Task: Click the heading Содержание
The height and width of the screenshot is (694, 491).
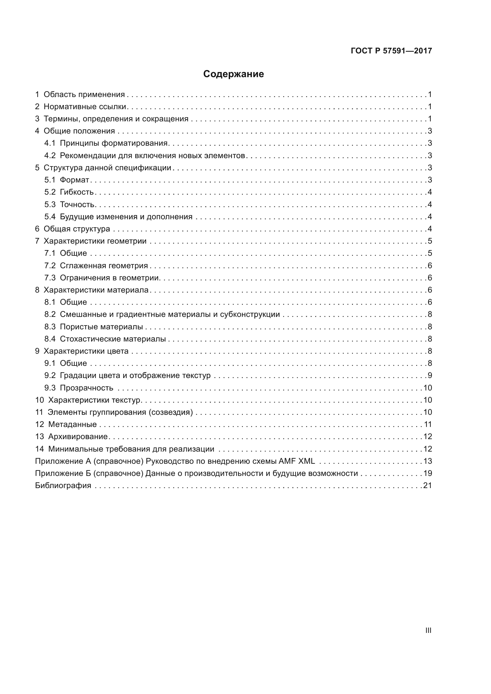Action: pyautogui.click(x=233, y=74)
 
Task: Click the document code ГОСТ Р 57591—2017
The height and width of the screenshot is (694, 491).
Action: pyautogui.click(x=391, y=51)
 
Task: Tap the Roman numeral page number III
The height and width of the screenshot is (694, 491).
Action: pyautogui.click(x=428, y=630)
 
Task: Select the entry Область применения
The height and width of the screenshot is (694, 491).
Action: pyautogui.click(x=84, y=95)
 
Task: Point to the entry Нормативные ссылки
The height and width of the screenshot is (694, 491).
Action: pyautogui.click(x=85, y=107)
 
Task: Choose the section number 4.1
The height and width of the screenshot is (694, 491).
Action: pyautogui.click(x=50, y=143)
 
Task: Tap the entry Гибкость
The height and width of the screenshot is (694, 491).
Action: pyautogui.click(x=77, y=192)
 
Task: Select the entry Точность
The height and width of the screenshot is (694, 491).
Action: pyautogui.click(x=77, y=205)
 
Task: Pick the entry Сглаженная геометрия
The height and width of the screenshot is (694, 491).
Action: pyautogui.click(x=104, y=266)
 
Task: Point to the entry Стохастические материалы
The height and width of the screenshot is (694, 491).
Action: pyautogui.click(x=113, y=339)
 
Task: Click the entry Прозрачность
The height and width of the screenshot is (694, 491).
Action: pyautogui.click(x=86, y=388)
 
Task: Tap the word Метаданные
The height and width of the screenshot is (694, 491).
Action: pyautogui.click(x=72, y=424)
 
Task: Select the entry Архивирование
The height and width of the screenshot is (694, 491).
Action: pyautogui.click(x=78, y=436)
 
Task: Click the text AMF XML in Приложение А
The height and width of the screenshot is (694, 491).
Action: pyautogui.click(x=297, y=461)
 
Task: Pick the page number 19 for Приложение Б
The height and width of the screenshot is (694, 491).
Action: pyautogui.click(x=427, y=473)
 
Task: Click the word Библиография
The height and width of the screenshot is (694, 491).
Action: pyautogui.click(x=63, y=485)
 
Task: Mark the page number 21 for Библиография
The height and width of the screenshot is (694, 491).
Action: pyautogui.click(x=427, y=485)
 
